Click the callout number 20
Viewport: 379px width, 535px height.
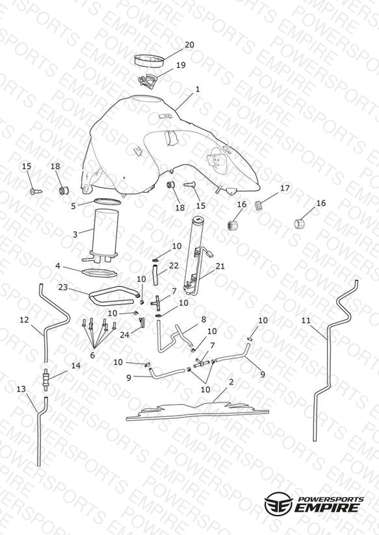pos(189,45)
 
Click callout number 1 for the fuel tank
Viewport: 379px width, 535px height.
pos(198,89)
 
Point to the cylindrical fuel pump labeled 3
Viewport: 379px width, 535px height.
pos(106,234)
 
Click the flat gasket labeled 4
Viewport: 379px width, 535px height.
pos(99,273)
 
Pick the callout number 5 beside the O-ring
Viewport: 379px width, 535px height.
pos(73,206)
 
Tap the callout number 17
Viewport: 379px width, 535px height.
pos(285,188)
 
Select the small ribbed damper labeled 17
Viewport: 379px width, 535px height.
pos(260,206)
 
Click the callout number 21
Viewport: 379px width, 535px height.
pos(220,266)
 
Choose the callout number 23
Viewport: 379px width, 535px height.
pos(63,287)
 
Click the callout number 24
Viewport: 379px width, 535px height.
pos(124,335)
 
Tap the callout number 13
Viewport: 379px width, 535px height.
pos(21,389)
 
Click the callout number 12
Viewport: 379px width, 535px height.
pos(24,319)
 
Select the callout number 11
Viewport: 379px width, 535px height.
pos(306,320)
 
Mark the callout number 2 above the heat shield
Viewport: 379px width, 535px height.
pos(231,382)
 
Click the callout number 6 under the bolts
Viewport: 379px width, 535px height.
pos(92,355)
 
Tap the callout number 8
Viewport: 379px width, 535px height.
pos(203,319)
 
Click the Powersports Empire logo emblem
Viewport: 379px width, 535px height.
pos(278,503)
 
